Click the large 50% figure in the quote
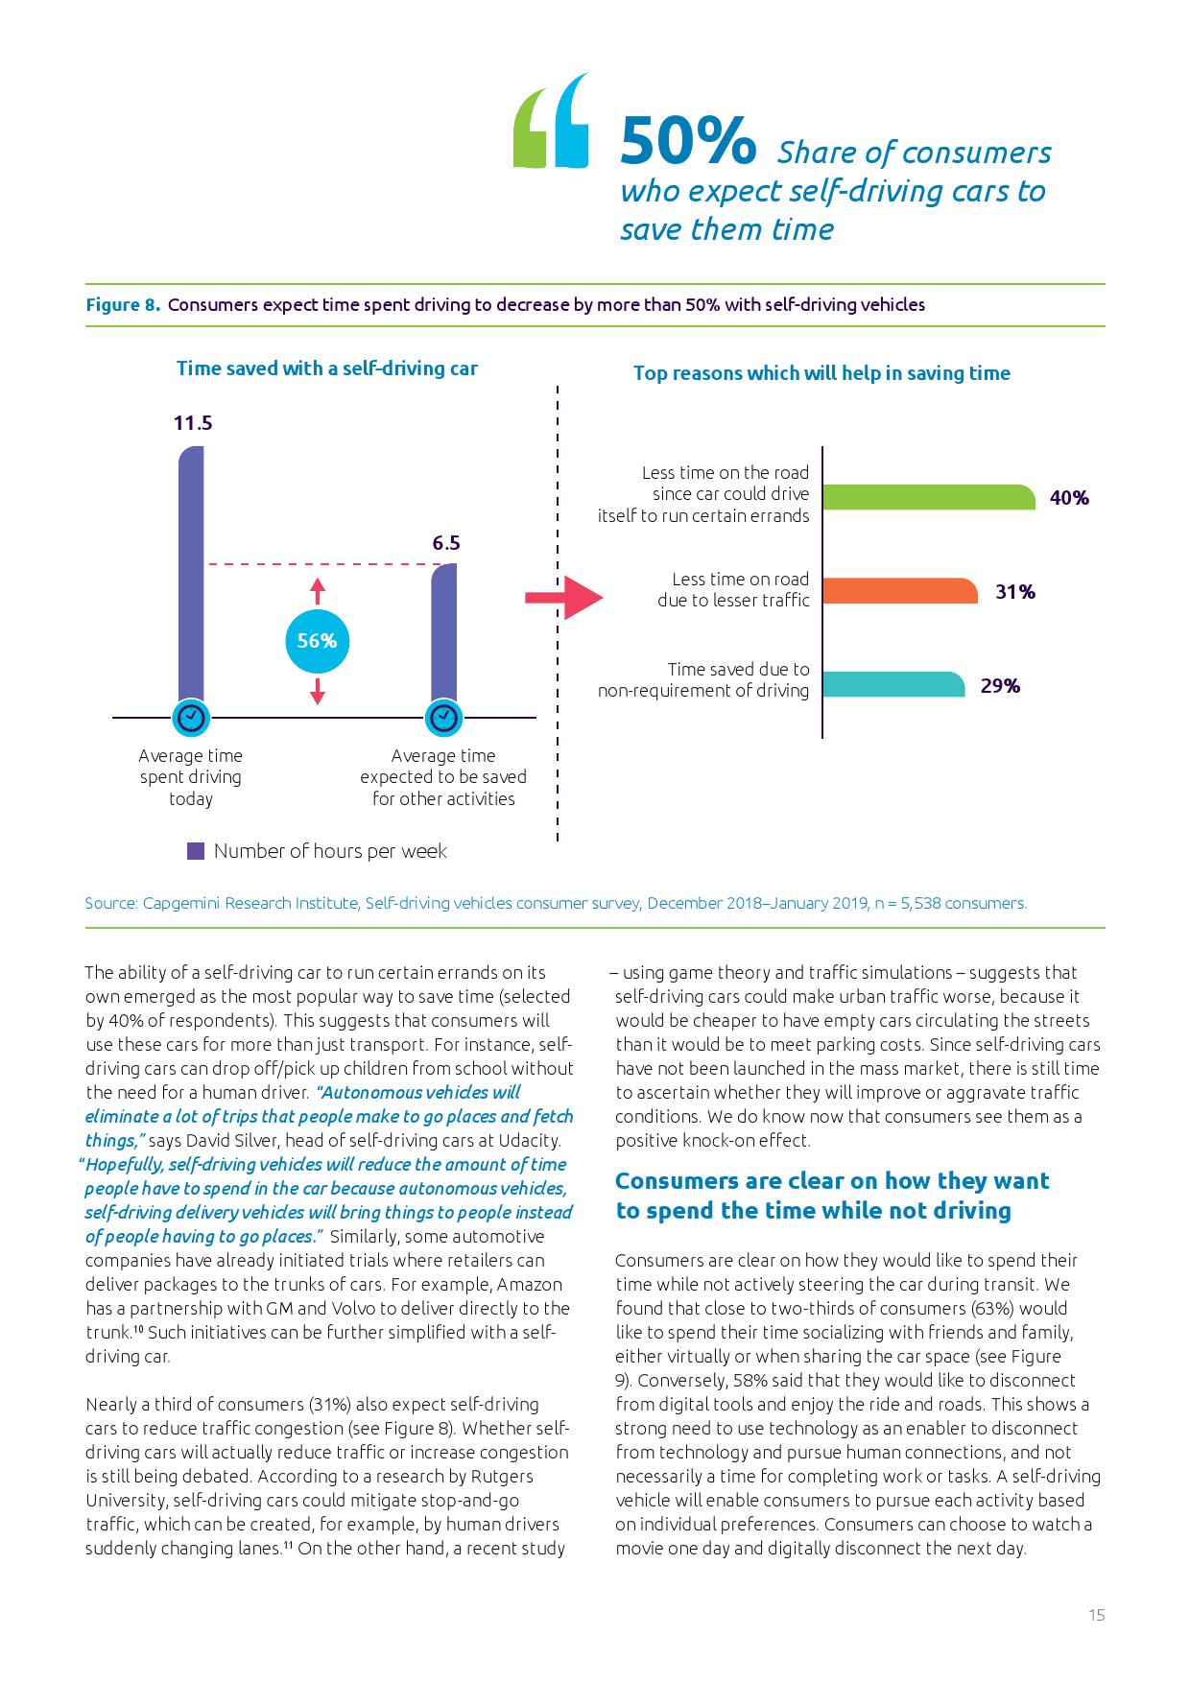(x=687, y=142)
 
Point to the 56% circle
(x=317, y=641)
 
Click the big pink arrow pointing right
(x=563, y=598)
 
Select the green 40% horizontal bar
(x=928, y=497)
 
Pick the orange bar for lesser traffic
(x=899, y=591)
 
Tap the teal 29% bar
(x=893, y=684)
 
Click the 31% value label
(x=1015, y=592)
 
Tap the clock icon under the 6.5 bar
(x=443, y=717)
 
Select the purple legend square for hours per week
(x=196, y=851)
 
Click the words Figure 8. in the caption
(x=123, y=305)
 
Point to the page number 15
(x=1097, y=1615)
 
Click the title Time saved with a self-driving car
(x=326, y=368)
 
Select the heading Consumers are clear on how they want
(x=832, y=1181)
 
